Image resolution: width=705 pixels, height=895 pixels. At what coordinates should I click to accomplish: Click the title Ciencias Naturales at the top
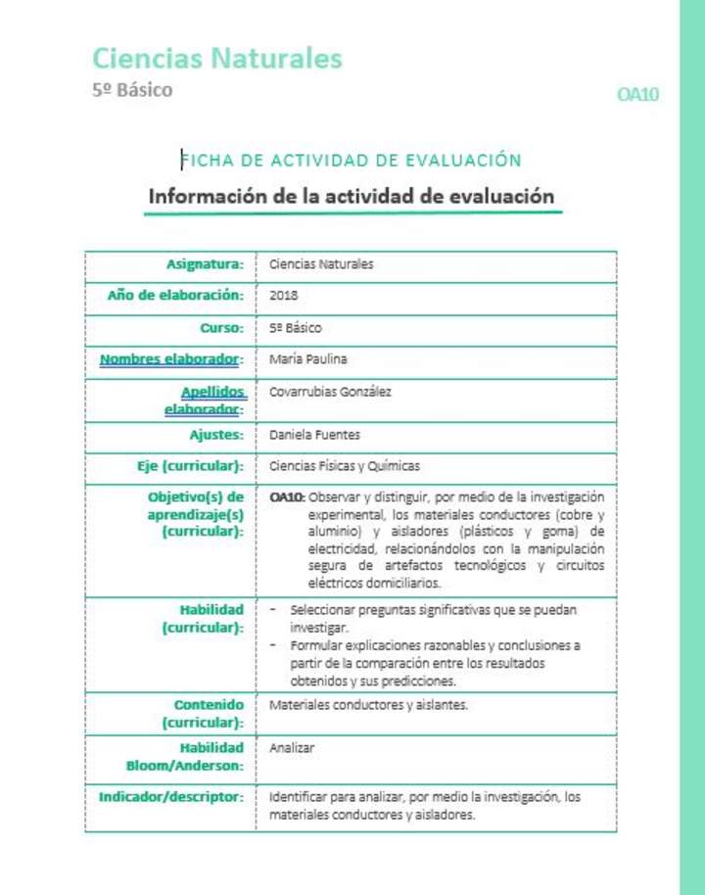[x=216, y=59]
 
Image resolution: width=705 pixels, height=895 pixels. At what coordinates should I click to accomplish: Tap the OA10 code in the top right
[x=637, y=94]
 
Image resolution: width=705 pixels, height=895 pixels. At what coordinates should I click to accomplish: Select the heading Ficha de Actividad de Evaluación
[x=351, y=161]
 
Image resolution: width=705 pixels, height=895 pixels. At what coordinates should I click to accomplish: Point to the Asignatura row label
[x=204, y=263]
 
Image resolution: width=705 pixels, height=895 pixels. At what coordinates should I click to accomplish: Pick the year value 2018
[x=283, y=295]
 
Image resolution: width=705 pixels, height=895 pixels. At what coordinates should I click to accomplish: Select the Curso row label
[x=221, y=327]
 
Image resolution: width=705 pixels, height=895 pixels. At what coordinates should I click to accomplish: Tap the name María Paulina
[x=307, y=359]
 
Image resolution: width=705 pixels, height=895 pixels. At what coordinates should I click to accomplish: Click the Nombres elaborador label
[x=170, y=359]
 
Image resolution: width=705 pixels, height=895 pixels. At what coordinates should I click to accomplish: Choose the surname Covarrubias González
[x=330, y=392]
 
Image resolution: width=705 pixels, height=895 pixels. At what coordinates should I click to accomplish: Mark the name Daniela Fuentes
[x=313, y=435]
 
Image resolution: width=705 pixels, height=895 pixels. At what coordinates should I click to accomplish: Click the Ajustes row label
[x=215, y=435]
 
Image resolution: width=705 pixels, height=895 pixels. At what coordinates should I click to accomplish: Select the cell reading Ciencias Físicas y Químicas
[x=344, y=466]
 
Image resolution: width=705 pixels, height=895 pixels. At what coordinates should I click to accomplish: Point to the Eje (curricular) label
[x=190, y=466]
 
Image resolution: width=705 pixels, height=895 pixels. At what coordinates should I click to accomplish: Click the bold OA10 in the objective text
[x=287, y=497]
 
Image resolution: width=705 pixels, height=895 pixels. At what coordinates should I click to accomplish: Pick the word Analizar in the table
[x=291, y=748]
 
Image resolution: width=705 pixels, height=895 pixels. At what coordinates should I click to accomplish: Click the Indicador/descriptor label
[x=170, y=797]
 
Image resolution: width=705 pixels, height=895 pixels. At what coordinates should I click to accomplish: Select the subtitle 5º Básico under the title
[x=132, y=90]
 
